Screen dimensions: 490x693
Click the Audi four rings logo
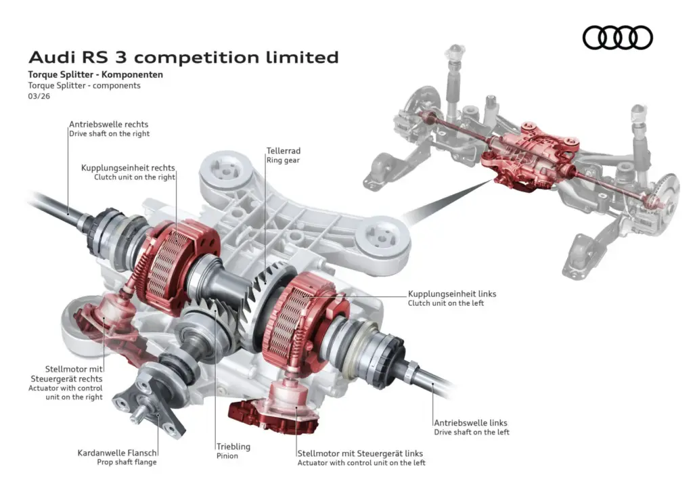(x=617, y=37)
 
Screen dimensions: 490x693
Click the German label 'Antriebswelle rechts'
(x=108, y=125)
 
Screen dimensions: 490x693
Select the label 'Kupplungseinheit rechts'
(x=128, y=168)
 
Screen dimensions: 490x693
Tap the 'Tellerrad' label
(x=283, y=151)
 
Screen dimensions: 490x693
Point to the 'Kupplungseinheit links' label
(x=452, y=294)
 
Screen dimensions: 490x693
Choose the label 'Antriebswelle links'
(x=470, y=423)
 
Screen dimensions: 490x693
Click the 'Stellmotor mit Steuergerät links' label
(x=360, y=453)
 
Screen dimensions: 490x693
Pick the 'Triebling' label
(x=233, y=447)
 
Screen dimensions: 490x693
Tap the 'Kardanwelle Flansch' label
(x=118, y=453)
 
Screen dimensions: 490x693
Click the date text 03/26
(x=39, y=96)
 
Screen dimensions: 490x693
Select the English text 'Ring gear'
(x=283, y=160)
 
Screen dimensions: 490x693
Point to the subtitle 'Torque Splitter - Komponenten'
(x=95, y=74)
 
